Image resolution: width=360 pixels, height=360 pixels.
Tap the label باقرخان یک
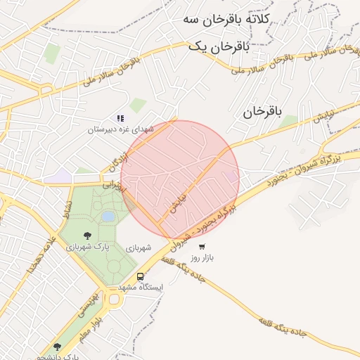tap(219, 46)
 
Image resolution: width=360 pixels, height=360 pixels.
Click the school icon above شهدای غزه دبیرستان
tap(120, 118)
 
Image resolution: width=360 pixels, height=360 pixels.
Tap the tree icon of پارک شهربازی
tap(87, 236)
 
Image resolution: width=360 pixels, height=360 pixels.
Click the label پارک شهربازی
tap(87, 247)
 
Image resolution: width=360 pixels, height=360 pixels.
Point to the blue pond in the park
tap(108, 217)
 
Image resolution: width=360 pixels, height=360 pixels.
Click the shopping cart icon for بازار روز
tap(202, 247)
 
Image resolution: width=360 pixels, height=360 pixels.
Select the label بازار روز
tap(202, 259)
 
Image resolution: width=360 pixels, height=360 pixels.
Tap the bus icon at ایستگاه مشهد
tap(141, 276)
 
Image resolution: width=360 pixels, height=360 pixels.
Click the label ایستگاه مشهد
tap(142, 288)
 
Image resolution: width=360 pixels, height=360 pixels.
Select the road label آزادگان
tap(117, 159)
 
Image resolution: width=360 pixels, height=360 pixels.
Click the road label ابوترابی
tap(113, 186)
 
